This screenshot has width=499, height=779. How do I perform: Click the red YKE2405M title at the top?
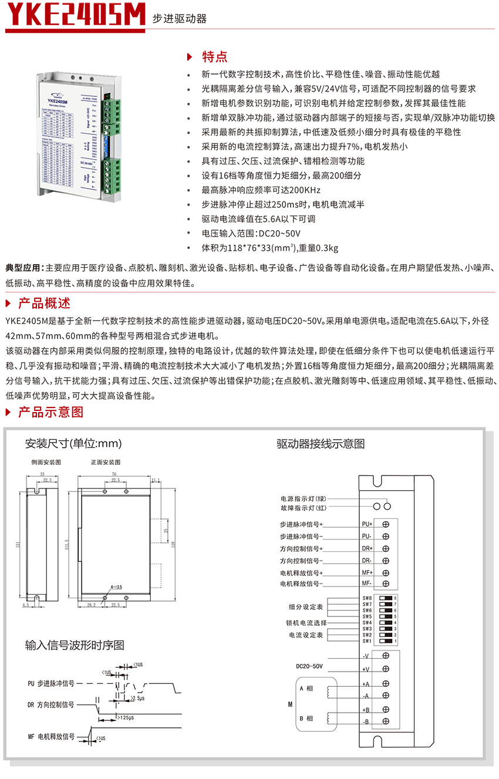click(x=75, y=16)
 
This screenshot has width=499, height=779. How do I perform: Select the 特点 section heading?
click(x=214, y=56)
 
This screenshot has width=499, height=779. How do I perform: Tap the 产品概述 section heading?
click(x=44, y=303)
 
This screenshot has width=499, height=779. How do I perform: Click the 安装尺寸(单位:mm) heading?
click(x=73, y=443)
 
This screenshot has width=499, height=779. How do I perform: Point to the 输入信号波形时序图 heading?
click(x=75, y=645)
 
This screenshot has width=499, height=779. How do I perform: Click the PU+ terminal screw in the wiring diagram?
click(x=386, y=524)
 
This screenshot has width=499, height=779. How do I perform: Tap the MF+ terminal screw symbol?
click(x=386, y=572)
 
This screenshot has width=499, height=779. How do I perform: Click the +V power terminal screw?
click(x=386, y=669)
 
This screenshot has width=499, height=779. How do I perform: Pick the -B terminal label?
click(x=366, y=721)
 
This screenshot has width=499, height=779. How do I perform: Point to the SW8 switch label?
click(x=367, y=598)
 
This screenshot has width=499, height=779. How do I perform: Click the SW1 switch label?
click(x=367, y=641)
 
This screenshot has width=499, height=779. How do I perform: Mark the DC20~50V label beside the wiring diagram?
click(x=309, y=666)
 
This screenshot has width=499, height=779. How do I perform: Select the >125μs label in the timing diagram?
click(x=126, y=717)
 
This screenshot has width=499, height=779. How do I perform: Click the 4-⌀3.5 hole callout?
click(x=116, y=586)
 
